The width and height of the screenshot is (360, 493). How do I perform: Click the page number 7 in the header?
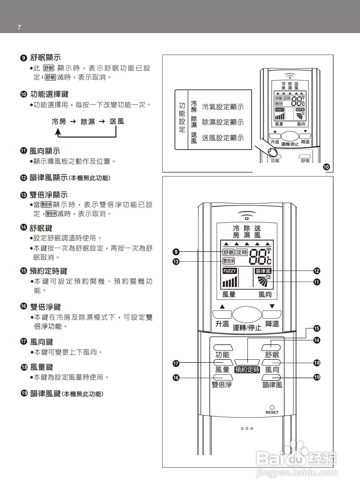click(19, 27)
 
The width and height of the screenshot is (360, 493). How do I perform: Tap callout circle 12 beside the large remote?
click(316, 271)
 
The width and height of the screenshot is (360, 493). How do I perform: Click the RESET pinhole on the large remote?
click(272, 407)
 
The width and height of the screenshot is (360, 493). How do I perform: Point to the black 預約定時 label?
click(247, 369)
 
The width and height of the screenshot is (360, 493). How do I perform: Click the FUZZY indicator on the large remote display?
click(230, 271)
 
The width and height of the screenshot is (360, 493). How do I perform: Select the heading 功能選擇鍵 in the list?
click(50, 94)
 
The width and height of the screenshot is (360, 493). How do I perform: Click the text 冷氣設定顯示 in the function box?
click(223, 107)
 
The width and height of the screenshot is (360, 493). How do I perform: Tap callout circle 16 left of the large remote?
click(176, 378)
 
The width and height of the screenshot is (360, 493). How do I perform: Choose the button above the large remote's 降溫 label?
click(271, 314)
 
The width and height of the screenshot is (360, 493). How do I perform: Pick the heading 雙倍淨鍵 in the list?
click(45, 307)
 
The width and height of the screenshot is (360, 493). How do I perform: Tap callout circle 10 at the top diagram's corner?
click(326, 167)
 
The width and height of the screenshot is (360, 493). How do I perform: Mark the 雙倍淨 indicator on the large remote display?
click(229, 261)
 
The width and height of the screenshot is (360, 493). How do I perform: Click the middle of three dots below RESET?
click(247, 428)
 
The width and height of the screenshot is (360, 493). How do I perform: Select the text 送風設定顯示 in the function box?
click(223, 138)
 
